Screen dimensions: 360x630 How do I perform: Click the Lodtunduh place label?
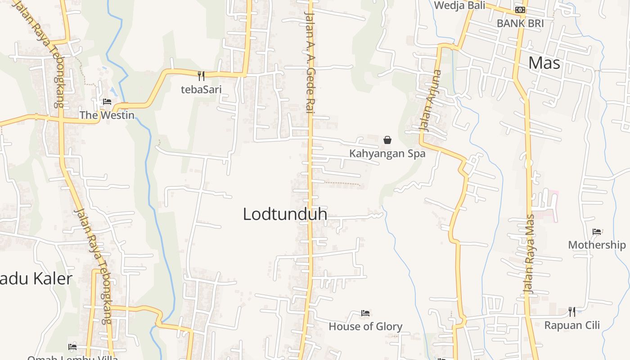click(285, 214)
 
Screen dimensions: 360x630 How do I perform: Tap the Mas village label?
click(544, 63)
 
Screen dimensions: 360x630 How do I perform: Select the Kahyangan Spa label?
click(387, 153)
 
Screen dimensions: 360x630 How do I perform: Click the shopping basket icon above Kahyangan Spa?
click(387, 140)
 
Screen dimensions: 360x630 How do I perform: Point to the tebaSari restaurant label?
click(201, 89)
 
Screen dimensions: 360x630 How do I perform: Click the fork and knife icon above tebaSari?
click(201, 76)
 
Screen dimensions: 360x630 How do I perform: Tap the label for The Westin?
click(107, 115)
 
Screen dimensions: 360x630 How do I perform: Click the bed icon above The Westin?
click(107, 102)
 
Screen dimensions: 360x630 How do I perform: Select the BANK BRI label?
click(520, 23)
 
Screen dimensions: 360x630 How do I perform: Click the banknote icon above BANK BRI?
click(520, 10)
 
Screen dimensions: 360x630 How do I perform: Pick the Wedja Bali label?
click(459, 5)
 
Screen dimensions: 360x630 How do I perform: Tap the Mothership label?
click(597, 245)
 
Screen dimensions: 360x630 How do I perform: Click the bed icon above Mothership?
click(597, 232)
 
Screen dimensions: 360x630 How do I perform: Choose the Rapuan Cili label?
click(572, 325)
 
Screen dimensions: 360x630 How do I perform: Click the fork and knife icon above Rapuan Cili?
click(572, 311)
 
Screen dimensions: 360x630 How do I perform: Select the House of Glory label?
click(365, 326)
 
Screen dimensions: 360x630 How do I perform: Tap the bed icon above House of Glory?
click(365, 313)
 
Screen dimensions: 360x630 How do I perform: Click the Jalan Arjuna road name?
click(430, 100)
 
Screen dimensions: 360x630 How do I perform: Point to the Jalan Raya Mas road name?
click(530, 254)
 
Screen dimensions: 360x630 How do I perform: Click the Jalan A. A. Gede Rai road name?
click(309, 62)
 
